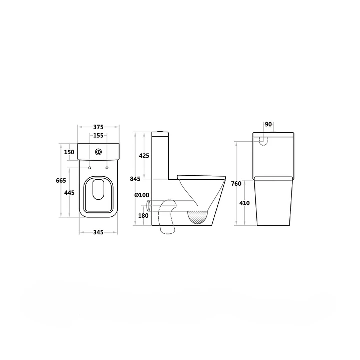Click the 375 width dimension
(x=98, y=127)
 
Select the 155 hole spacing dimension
(x=98, y=136)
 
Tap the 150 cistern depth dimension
(x=69, y=152)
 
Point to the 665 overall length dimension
(x=61, y=180)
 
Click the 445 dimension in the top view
(x=69, y=192)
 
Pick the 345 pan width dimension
(x=98, y=232)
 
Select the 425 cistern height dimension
(x=144, y=156)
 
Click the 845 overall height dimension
(x=135, y=179)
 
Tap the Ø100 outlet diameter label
(x=142, y=195)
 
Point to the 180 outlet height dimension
(x=143, y=216)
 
